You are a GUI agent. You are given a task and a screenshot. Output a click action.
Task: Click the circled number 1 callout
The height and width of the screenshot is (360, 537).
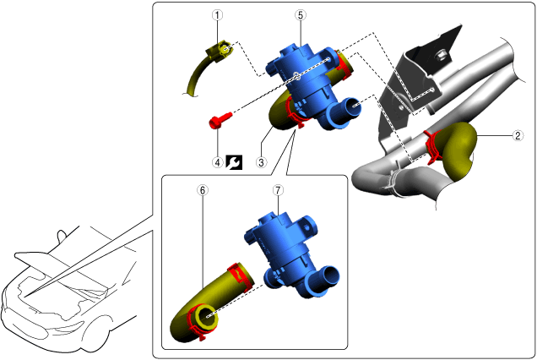coord(218,15)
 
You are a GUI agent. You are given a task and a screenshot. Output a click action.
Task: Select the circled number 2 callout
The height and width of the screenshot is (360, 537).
coord(518,136)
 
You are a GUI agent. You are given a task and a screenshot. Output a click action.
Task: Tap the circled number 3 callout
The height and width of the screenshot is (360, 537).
coord(261,162)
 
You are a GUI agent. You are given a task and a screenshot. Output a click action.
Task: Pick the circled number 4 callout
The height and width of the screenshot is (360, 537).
coord(218,162)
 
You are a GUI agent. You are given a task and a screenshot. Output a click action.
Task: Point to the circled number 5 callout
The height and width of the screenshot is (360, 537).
coord(301,15)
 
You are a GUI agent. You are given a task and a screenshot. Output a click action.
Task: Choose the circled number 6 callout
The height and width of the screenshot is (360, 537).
coord(203,190)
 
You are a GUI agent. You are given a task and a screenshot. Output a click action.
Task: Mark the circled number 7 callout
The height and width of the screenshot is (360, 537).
coord(278,190)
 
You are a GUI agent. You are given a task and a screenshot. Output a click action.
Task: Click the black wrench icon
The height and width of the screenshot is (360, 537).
coord(234,162)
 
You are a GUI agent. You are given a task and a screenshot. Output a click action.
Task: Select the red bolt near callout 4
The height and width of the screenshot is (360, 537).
coord(220,120)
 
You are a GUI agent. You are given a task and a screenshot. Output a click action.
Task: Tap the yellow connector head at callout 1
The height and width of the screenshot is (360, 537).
coord(220,52)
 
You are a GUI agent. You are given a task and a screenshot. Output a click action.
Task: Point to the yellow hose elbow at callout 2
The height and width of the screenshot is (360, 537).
coord(458,151)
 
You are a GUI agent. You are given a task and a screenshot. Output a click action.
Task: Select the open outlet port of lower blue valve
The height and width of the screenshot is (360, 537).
coord(328,275)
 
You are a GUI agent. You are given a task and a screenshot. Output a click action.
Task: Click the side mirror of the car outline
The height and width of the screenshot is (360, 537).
coord(61,237)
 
